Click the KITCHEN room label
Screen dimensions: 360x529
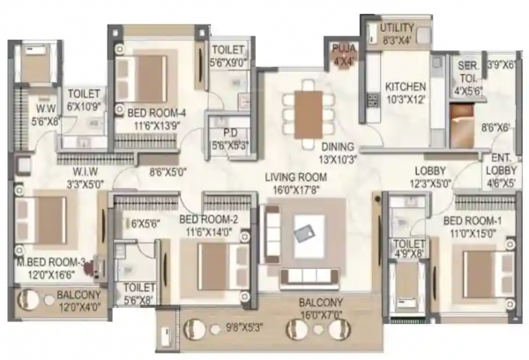(406, 86)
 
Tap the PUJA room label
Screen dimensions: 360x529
(340, 48)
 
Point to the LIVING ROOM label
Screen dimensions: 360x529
(301, 176)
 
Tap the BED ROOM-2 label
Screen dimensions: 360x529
(208, 220)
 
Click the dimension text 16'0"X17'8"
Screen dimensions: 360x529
(301, 188)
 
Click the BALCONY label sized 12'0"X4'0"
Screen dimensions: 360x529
(78, 295)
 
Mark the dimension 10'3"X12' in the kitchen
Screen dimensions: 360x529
(406, 99)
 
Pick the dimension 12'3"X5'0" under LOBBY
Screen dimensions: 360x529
(429, 184)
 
